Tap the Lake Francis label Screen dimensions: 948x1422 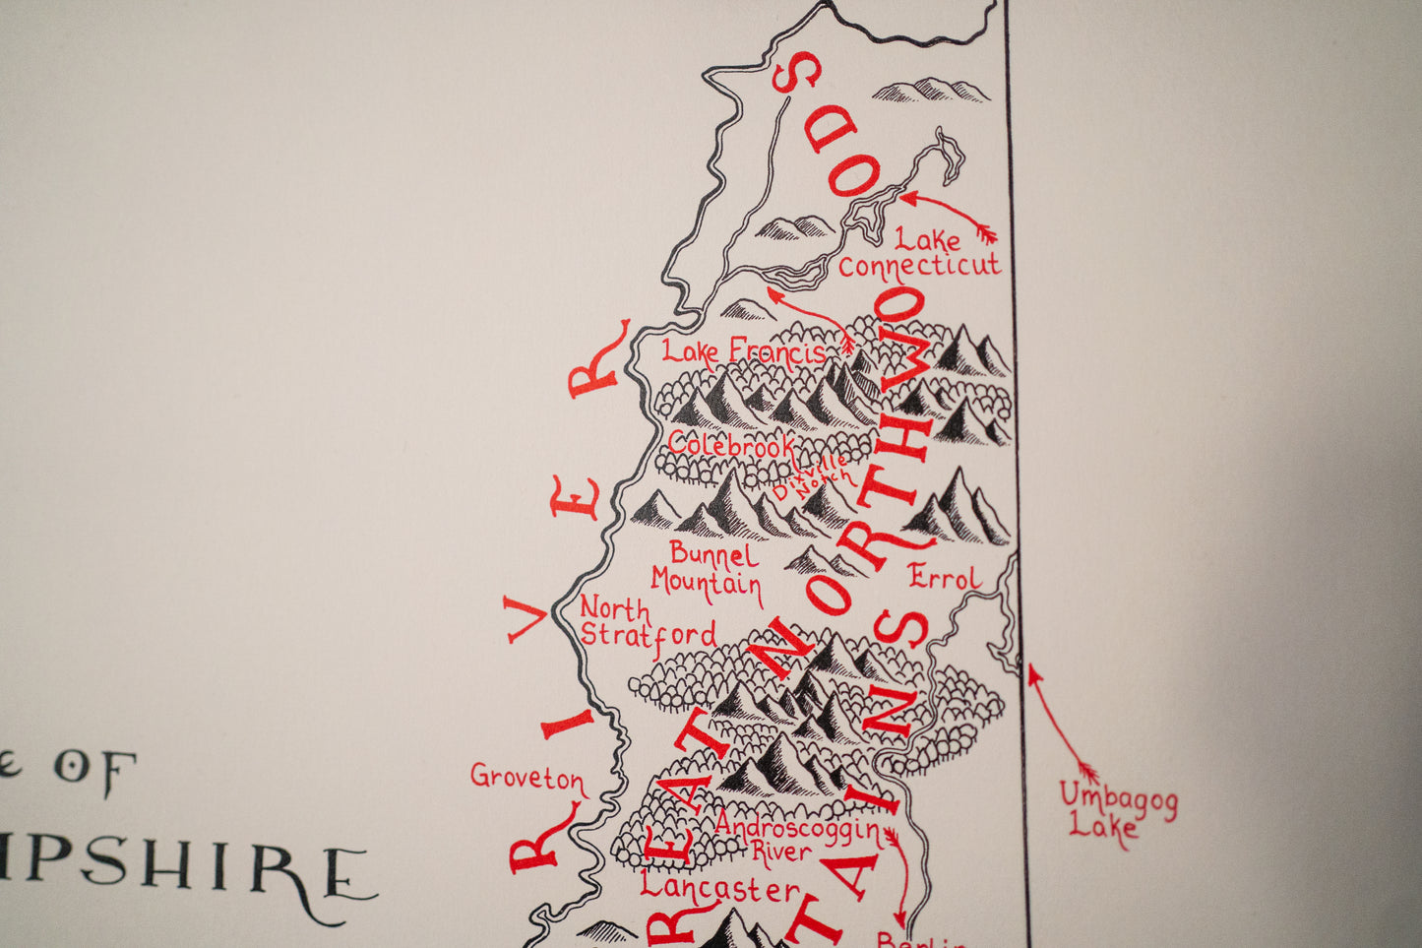click(743, 352)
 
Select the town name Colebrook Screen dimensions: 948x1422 click(730, 444)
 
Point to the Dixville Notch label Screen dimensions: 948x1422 click(811, 475)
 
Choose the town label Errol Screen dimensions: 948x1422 click(945, 578)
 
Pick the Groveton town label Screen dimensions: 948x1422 click(527, 778)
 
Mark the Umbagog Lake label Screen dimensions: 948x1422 click(1117, 809)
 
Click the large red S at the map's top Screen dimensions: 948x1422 click(797, 73)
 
